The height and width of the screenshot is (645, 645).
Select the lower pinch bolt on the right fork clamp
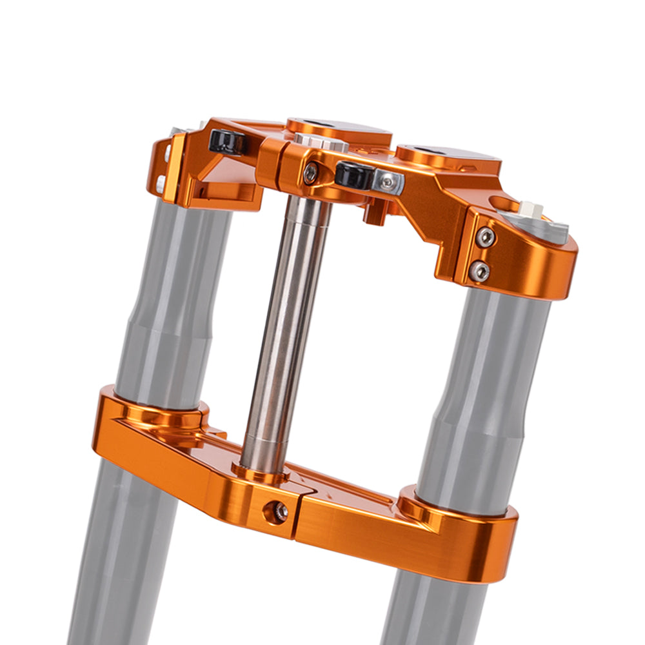[480, 272]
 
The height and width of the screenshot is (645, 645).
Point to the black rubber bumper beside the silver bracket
[353, 175]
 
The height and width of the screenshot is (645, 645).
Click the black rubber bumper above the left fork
[227, 141]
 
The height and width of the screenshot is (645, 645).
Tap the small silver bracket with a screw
[387, 183]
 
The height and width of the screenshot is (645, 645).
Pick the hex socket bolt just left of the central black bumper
[311, 173]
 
